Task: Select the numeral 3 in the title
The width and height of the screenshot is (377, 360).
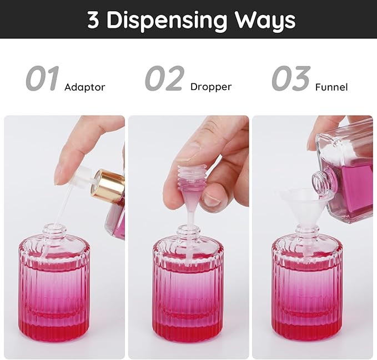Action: click(93, 20)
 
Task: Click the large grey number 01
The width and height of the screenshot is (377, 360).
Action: click(42, 79)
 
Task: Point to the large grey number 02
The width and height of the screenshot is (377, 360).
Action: click(164, 79)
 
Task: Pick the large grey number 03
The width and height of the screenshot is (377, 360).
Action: click(291, 79)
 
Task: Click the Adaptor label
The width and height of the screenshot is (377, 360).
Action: click(84, 87)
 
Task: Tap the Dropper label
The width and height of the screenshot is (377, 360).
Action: click(210, 87)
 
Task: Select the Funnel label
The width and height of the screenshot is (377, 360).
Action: click(331, 87)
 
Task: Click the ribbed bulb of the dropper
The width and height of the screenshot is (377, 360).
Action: click(191, 172)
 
